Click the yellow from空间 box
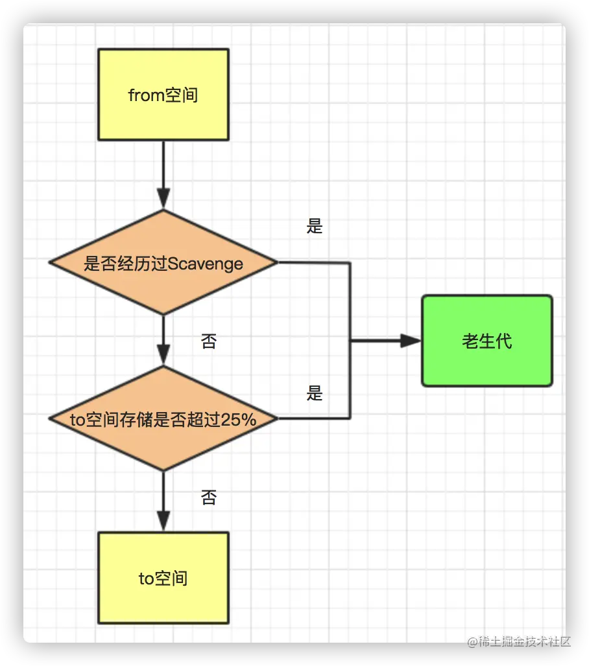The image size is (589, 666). click(163, 95)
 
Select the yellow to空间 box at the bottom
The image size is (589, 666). click(163, 578)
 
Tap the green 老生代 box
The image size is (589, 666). click(487, 341)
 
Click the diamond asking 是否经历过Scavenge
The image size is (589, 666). click(163, 263)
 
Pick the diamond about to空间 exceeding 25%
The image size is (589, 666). click(163, 419)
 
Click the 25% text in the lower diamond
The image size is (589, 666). click(238, 420)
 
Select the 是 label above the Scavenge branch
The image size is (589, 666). click(315, 226)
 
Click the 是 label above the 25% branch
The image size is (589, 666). click(315, 393)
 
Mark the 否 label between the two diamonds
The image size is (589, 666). click(208, 341)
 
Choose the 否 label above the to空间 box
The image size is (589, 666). click(208, 497)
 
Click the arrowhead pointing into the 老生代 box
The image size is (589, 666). click(411, 341)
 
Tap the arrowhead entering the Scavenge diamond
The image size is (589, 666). click(163, 198)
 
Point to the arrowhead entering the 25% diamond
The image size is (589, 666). click(163, 354)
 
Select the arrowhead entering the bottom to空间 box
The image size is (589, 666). click(163, 520)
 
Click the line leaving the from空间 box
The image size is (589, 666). click(163, 162)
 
